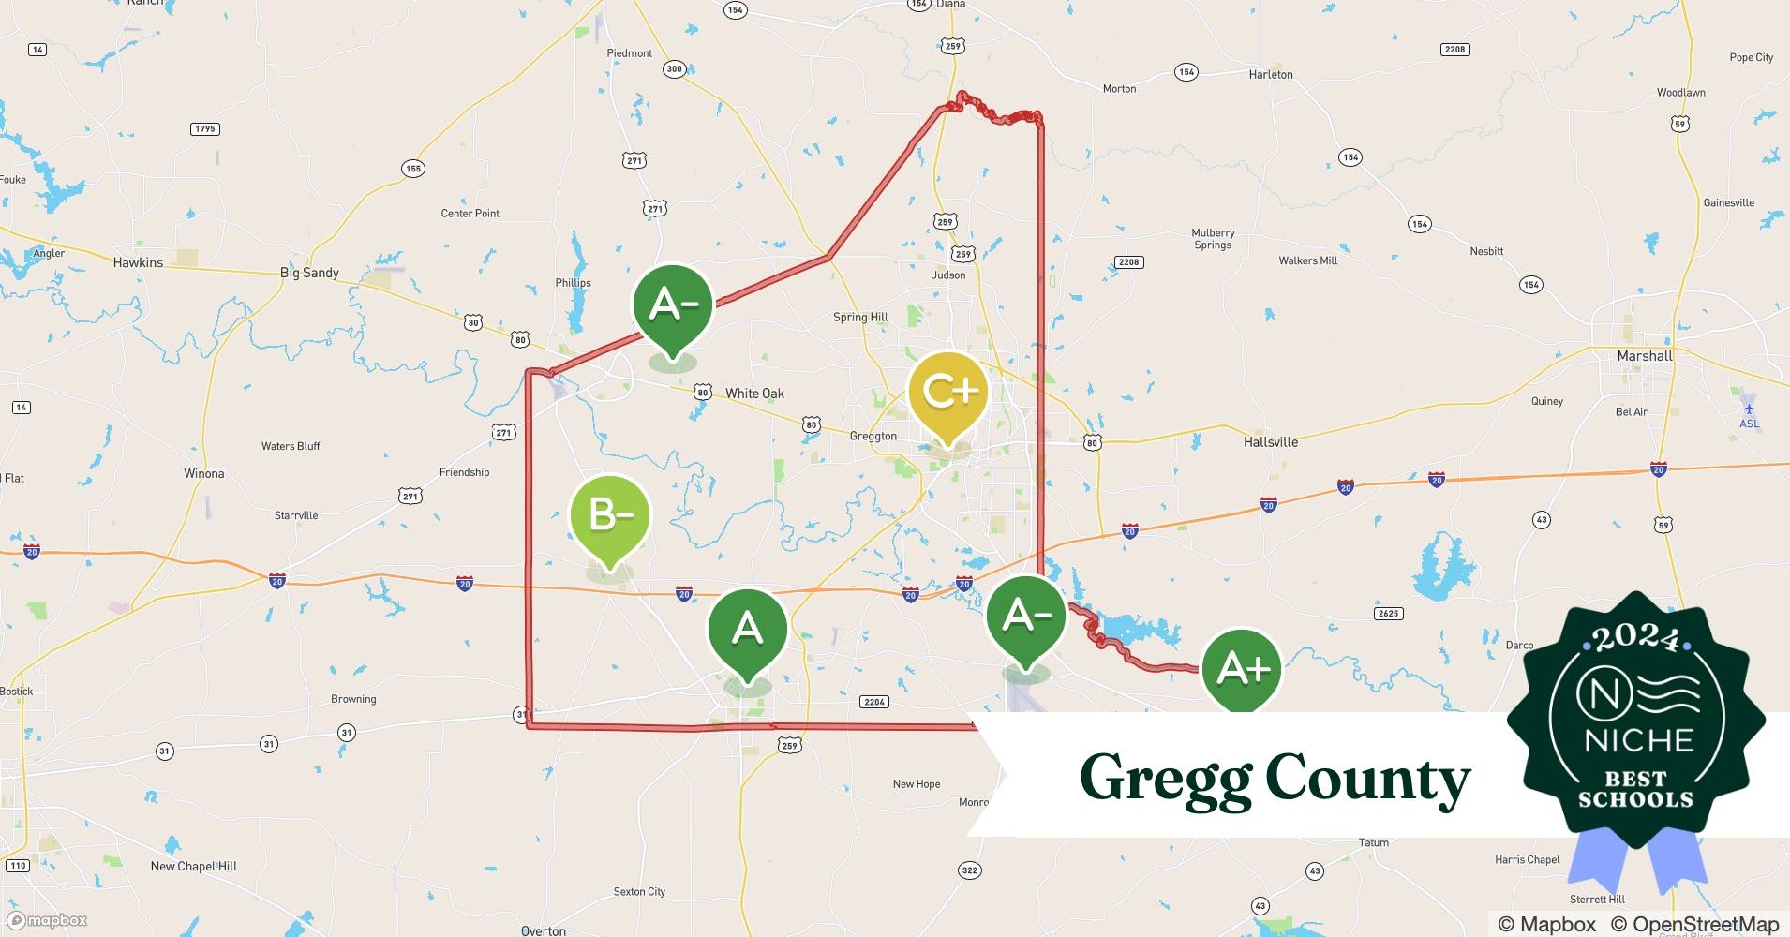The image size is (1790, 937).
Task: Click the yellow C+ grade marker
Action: pyautogui.click(x=948, y=392)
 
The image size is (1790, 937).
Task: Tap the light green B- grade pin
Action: pyautogui.click(x=609, y=514)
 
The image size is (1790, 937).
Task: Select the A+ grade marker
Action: pyautogui.click(x=1242, y=668)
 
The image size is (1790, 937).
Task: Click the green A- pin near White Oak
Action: pyautogui.click(x=672, y=304)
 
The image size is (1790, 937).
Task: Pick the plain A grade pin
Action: pyautogui.click(x=747, y=627)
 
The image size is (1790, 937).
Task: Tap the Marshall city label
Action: pyautogui.click(x=1645, y=356)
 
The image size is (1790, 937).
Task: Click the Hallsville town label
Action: pyautogui.click(x=1271, y=441)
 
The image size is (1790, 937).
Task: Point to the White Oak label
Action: pyautogui.click(x=754, y=394)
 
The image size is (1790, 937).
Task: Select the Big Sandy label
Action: pyautogui.click(x=309, y=273)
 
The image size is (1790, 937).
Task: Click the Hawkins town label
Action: pyautogui.click(x=138, y=262)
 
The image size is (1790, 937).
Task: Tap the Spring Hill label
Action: pyautogui.click(x=860, y=317)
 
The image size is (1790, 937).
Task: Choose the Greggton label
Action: pyautogui.click(x=873, y=436)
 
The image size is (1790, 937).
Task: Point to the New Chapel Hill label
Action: pyautogui.click(x=194, y=866)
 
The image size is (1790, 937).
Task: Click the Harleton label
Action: pyautogui.click(x=1271, y=74)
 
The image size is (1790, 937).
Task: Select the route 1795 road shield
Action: pyautogui.click(x=204, y=129)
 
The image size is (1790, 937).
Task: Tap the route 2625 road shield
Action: pyautogui.click(x=1388, y=614)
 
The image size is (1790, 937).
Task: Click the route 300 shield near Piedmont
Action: pyautogui.click(x=674, y=68)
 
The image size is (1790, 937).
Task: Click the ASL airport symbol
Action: pyautogui.click(x=1749, y=409)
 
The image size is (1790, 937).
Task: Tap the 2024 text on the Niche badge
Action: pyautogui.click(x=1635, y=640)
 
